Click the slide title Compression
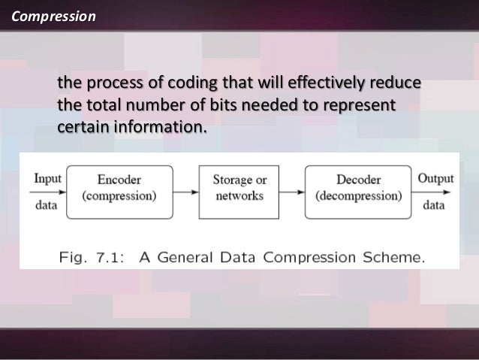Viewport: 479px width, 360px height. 49,15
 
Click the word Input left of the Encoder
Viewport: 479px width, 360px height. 47,179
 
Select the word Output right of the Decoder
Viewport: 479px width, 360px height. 435,179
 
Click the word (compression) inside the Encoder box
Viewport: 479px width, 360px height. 119,197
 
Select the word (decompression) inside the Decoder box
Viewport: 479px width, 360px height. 359,197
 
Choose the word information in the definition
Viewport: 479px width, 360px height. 158,125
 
